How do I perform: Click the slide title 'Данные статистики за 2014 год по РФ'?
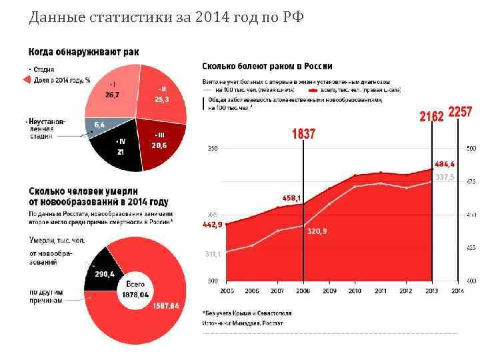tap(166, 16)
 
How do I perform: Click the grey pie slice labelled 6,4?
tap(99, 125)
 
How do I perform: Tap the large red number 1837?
tap(303, 134)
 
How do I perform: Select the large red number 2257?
tap(460, 113)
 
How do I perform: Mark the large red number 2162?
tap(431, 117)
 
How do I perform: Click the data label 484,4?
tap(445, 163)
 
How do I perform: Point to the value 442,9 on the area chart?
tap(213, 225)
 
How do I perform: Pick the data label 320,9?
tap(317, 231)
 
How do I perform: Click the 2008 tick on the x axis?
tap(303, 291)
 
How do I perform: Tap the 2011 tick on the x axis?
tap(381, 291)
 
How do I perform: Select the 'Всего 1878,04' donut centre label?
tap(136, 290)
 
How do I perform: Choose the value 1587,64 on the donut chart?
tap(165, 306)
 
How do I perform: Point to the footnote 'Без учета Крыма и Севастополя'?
tap(245, 312)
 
